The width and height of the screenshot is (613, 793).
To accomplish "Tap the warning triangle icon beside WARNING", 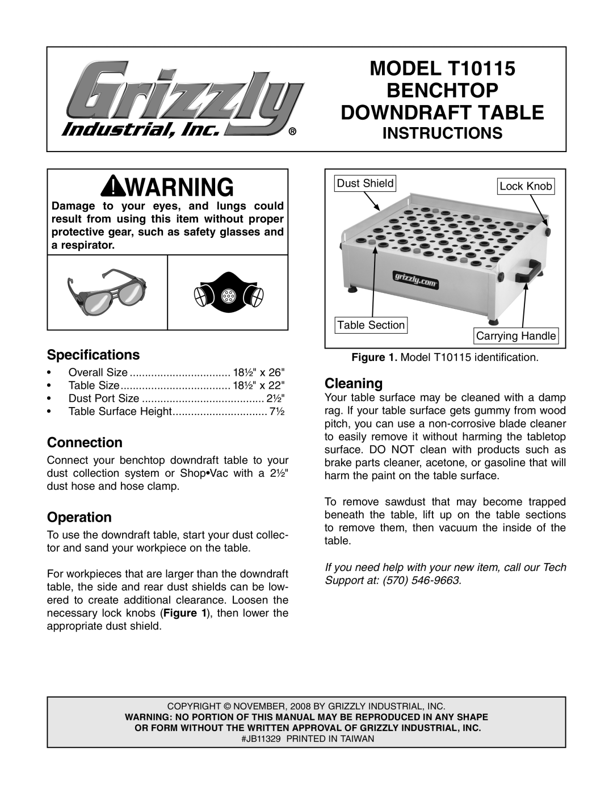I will point(115,186).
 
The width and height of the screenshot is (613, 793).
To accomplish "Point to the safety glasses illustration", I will point(107,293).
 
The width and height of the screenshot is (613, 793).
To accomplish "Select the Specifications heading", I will point(93,355).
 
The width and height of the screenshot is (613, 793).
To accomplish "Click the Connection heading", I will point(85,442).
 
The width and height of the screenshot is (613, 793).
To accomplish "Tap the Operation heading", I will point(79,517).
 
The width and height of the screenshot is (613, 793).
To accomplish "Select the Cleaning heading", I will point(353,383).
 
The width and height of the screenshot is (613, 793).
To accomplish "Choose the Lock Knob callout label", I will point(526,186).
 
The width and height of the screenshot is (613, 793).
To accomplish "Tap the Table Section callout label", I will point(371,325).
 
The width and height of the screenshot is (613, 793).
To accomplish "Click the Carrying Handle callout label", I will point(515,336).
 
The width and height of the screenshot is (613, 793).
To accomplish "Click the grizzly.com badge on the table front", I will point(415,275).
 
